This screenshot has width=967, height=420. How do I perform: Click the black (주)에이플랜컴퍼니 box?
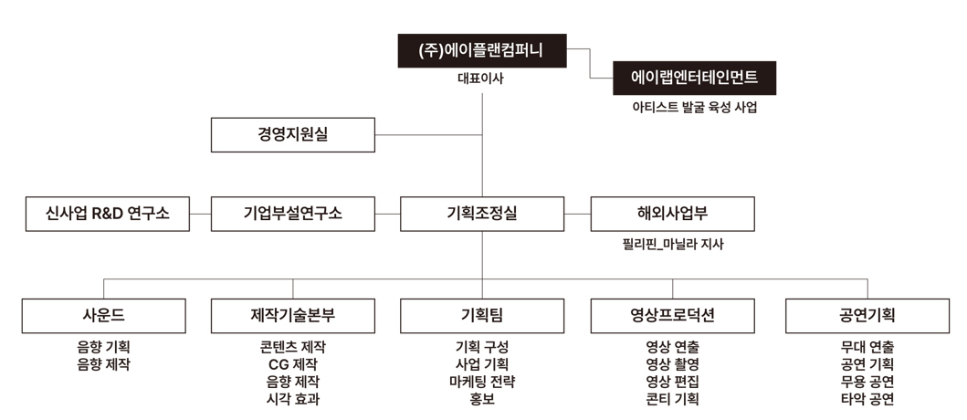click(481, 50)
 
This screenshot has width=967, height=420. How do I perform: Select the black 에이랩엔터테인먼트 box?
click(694, 78)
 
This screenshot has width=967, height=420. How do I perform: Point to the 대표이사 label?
click(480, 79)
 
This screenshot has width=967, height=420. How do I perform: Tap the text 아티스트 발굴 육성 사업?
click(694, 108)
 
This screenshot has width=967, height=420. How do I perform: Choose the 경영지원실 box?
click(293, 134)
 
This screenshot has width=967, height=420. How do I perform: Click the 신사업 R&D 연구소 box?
click(108, 214)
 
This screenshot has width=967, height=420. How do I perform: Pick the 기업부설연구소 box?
click(293, 214)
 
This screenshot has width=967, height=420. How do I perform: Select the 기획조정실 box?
click(482, 214)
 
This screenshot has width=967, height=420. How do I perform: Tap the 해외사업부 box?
click(673, 214)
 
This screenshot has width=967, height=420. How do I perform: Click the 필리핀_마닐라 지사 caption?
click(673, 244)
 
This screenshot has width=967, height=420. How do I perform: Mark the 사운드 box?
click(103, 316)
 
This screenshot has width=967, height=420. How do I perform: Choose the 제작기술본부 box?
click(293, 316)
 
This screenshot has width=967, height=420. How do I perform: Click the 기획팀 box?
click(482, 316)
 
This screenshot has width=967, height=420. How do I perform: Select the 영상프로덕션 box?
click(673, 316)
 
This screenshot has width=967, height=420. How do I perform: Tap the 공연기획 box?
click(867, 316)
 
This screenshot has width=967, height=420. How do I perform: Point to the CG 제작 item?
click(293, 364)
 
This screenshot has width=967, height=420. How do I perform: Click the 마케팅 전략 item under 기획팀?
click(482, 382)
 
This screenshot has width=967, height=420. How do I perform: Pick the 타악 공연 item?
click(867, 399)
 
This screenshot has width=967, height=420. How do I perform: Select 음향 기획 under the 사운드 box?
click(103, 347)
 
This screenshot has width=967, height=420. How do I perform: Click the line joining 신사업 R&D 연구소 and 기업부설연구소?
click(200, 214)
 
